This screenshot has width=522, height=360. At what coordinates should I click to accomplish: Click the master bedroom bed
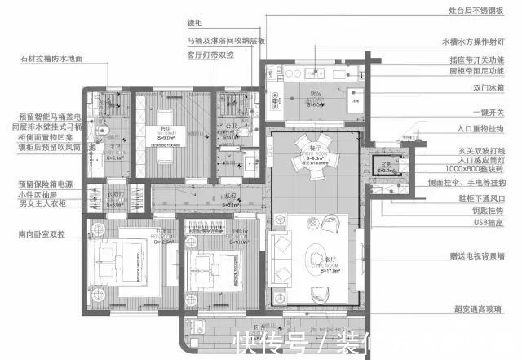pos(117,262)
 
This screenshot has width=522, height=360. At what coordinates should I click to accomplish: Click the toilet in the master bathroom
pos(99,131)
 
